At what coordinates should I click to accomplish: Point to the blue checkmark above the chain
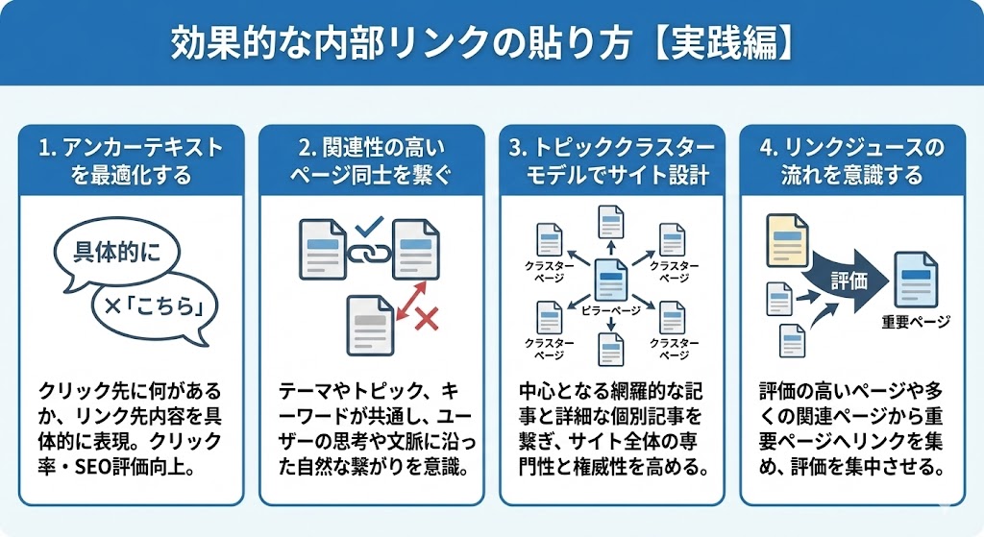click(x=369, y=227)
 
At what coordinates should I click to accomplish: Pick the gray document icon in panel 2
click(x=369, y=324)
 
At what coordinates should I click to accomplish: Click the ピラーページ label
click(x=611, y=310)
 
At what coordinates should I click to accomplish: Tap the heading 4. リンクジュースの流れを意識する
click(x=852, y=160)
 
